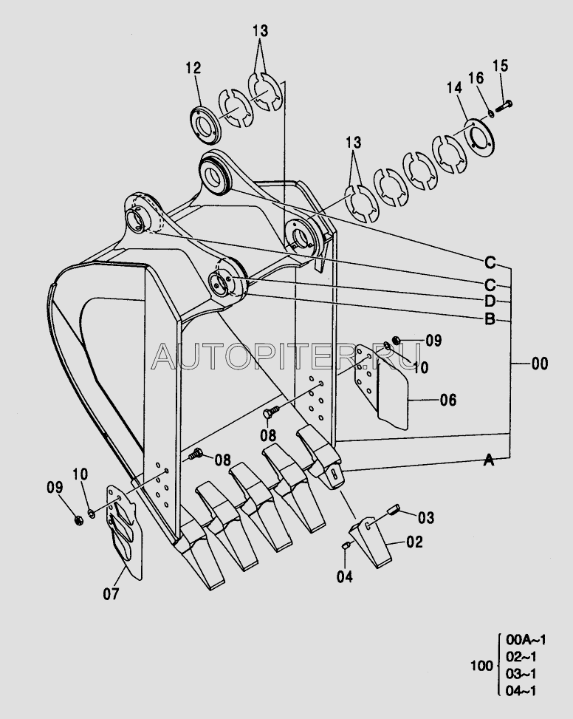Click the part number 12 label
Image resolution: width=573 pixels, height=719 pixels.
[x=193, y=68]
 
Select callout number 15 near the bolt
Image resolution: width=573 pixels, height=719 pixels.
[x=500, y=67]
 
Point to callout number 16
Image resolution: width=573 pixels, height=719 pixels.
[x=477, y=78]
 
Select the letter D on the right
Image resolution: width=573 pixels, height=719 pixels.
[x=490, y=301]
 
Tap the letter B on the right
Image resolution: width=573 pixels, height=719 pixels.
[x=490, y=320]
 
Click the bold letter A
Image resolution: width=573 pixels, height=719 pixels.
[x=488, y=460]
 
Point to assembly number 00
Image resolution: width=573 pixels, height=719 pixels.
[x=540, y=363]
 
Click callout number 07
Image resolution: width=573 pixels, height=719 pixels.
[x=110, y=592]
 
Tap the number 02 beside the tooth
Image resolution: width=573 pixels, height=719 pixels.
[x=414, y=542]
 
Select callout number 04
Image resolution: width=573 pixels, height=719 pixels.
[x=345, y=576]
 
